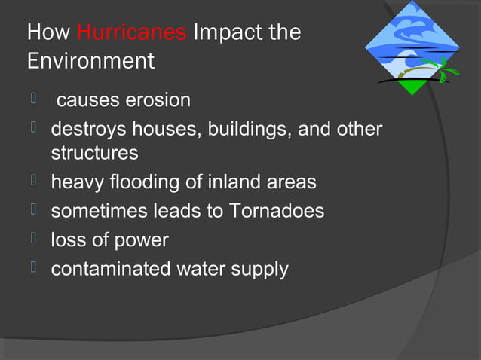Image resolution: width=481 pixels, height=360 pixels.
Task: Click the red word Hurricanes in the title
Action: tap(132, 33)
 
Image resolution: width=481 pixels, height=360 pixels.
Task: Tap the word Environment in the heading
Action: tap(90, 61)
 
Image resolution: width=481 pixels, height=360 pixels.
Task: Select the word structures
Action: tap(94, 153)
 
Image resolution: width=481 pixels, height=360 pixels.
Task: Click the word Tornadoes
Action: tap(277, 212)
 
